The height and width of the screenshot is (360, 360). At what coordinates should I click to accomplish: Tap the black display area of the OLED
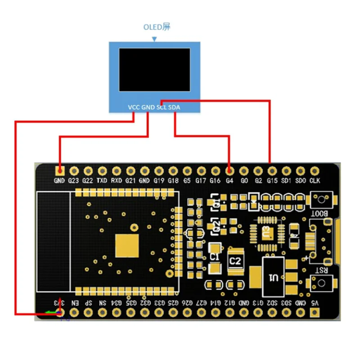[154, 70]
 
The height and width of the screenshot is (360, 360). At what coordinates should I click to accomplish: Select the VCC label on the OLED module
[134, 108]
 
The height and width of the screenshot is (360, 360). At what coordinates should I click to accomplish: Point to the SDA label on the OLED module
[174, 108]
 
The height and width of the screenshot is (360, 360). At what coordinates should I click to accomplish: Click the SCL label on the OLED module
[161, 108]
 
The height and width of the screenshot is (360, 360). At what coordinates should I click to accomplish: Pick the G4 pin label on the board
[230, 180]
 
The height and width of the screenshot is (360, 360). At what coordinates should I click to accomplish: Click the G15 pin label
[272, 180]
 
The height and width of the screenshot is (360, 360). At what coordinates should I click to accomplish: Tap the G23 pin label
[74, 180]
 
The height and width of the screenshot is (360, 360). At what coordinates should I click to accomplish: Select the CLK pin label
[315, 180]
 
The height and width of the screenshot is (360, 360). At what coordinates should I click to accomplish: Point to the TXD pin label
[102, 180]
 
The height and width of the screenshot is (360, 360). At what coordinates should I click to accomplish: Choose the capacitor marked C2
[235, 261]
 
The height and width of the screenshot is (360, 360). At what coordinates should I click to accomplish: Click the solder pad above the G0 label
[244, 171]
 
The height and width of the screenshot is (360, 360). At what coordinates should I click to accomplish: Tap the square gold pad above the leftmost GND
[59, 171]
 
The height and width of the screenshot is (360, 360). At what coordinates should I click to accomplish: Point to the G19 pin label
[159, 180]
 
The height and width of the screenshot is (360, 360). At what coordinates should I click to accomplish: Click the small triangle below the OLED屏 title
[154, 40]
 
